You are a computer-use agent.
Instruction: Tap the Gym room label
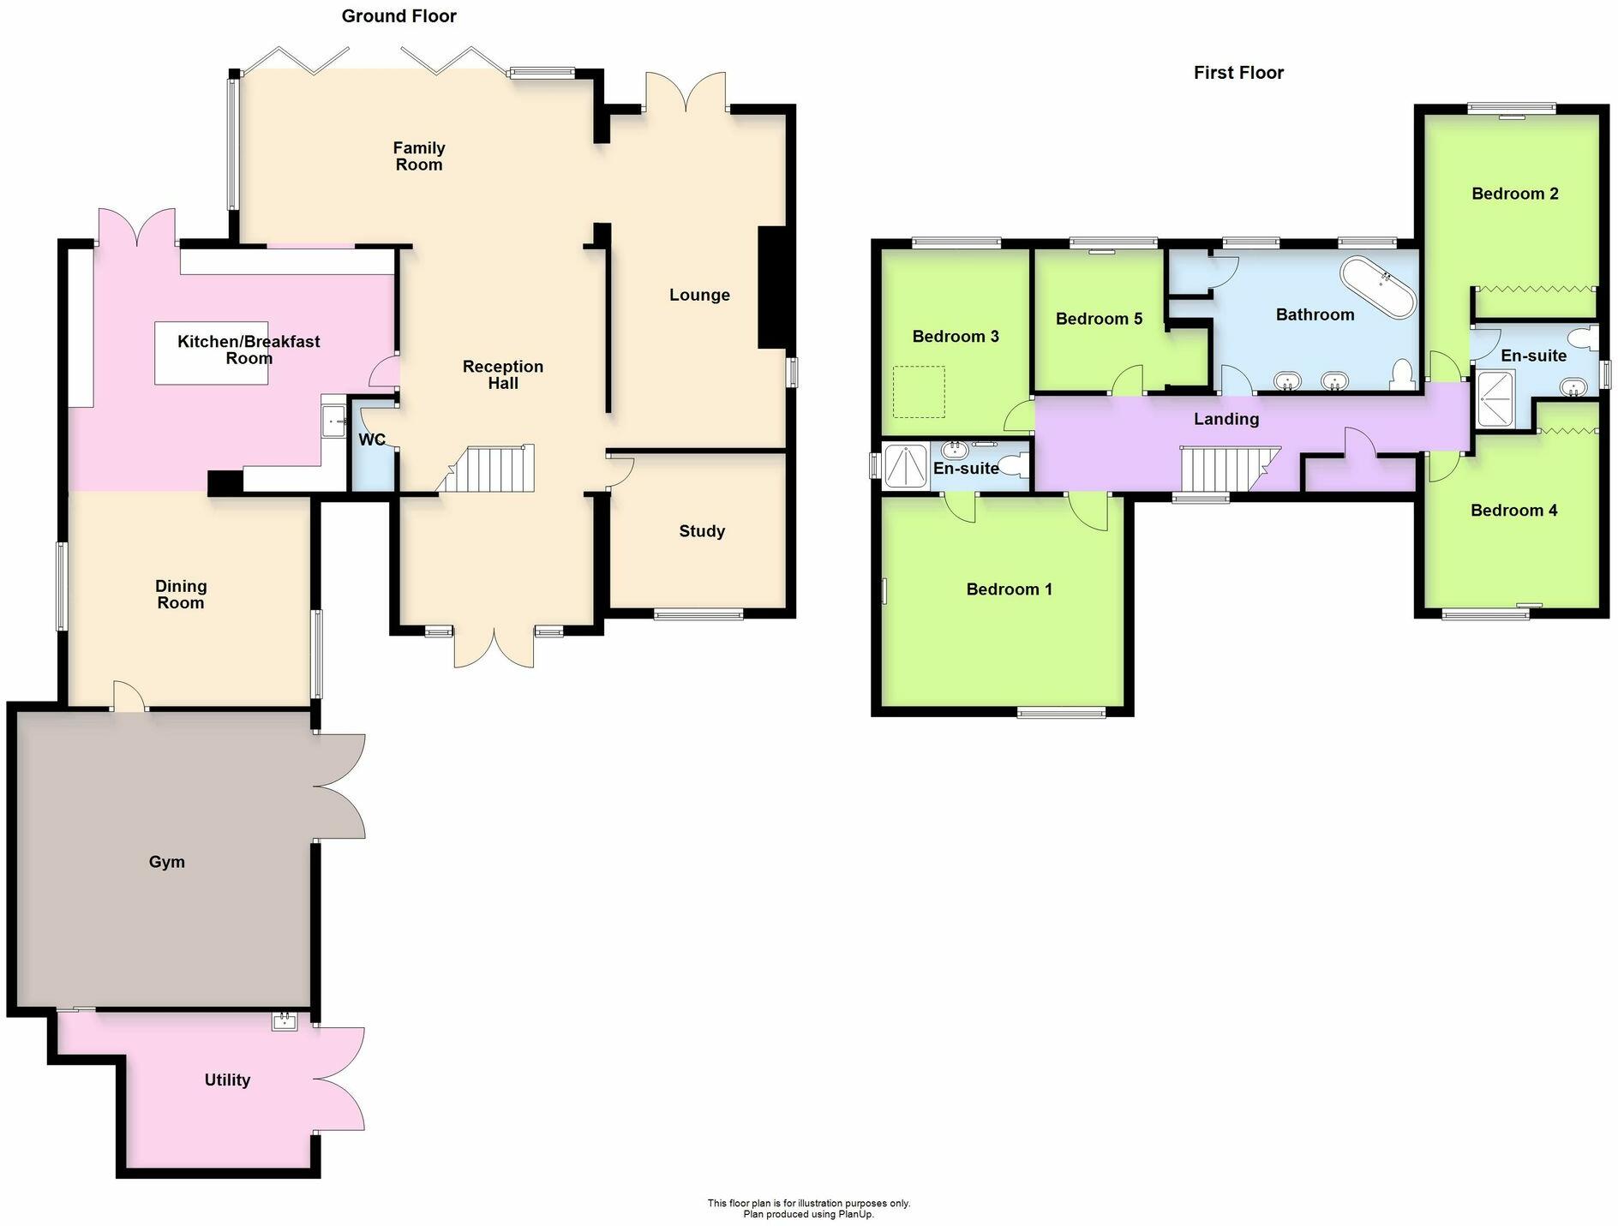click(x=166, y=862)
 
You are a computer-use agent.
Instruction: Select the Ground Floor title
click(x=399, y=15)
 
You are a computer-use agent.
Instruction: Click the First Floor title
click(x=1238, y=73)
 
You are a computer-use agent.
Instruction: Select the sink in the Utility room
click(x=284, y=1020)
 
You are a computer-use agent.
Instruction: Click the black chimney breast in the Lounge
click(x=771, y=287)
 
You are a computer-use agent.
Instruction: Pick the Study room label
click(x=702, y=531)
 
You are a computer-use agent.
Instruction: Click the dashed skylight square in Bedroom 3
click(x=919, y=392)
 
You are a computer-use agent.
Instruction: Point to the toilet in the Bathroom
click(x=1403, y=375)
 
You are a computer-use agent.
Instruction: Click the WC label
click(x=372, y=440)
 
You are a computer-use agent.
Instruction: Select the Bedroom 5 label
click(x=1099, y=319)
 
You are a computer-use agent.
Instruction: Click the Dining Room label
click(x=180, y=594)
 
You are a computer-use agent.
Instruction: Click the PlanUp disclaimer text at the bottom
click(x=808, y=1208)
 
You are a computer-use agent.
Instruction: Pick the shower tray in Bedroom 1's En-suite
click(x=905, y=467)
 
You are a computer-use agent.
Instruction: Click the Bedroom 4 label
click(x=1513, y=511)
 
